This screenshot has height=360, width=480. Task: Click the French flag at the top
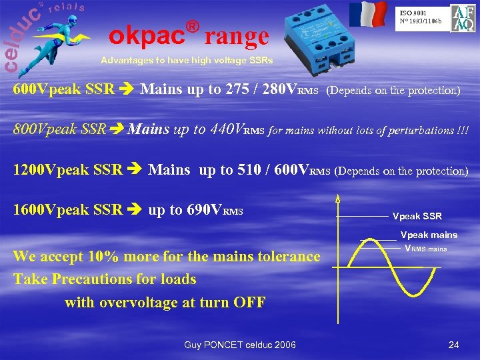click(x=367, y=14)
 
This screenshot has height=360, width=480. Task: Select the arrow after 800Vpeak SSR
click(x=117, y=129)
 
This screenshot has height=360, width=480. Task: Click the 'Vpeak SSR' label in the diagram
click(x=417, y=217)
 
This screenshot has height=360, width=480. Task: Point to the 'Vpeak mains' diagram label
click(x=428, y=235)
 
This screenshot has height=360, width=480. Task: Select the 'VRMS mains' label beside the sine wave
click(x=425, y=249)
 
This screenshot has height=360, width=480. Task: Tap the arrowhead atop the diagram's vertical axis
click(x=338, y=198)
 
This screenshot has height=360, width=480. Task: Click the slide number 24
click(x=454, y=345)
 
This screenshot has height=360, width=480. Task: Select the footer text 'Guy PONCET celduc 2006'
click(x=239, y=345)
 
